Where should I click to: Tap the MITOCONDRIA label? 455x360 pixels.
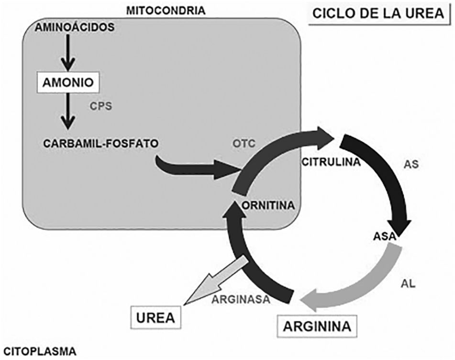pos(165,10)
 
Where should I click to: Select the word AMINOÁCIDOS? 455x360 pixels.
pos(75,27)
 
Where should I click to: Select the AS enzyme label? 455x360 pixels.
pos(411,164)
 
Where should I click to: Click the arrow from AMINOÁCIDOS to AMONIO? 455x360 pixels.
pos(69,55)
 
